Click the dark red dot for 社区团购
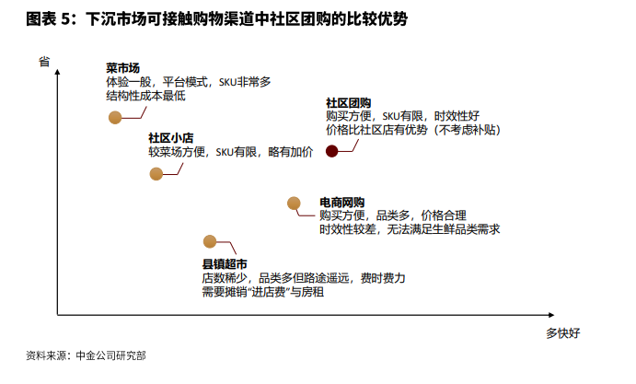pyautogui.click(x=331, y=151)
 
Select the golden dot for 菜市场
pyautogui.click(x=115, y=118)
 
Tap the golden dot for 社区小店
pyautogui.click(x=156, y=174)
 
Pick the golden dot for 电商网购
pyautogui.click(x=294, y=204)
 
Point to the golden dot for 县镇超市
pyautogui.click(x=210, y=241)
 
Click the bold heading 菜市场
pyautogui.click(x=123, y=68)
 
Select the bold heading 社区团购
pyautogui.click(x=349, y=103)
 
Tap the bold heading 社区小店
pyautogui.click(x=171, y=138)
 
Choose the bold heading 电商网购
pyautogui.click(x=342, y=203)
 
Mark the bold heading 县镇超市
pyautogui.click(x=225, y=264)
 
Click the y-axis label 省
pyautogui.click(x=44, y=62)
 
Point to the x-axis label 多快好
pyautogui.click(x=563, y=333)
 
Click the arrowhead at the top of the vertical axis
pyautogui.click(x=57, y=72)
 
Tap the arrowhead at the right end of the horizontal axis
pyautogui.click(x=551, y=315)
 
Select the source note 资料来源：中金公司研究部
pyautogui.click(x=86, y=355)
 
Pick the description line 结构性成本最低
pyautogui.click(x=145, y=96)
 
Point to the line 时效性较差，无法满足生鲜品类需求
pyautogui.click(x=410, y=229)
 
